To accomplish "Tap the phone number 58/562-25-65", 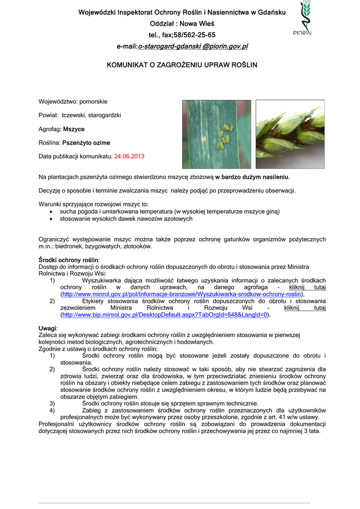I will pos(194,35).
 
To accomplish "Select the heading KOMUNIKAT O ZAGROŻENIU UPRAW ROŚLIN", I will pos(182,65).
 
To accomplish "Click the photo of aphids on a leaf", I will pos(216,134).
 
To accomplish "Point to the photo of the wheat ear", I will pos(289,134).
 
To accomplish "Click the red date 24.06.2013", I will pos(129,157).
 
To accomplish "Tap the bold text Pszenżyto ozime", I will pos(86,143).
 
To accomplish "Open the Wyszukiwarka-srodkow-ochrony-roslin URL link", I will pos(181,294).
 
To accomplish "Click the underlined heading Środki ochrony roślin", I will pos(69,260).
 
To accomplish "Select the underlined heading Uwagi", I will pos(48,329).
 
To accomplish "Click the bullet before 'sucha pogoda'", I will pos(52,212).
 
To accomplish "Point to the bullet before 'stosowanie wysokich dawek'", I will pos(52,219).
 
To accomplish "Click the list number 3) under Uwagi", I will pos(52,404).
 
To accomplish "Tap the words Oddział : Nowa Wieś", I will pos(182,24).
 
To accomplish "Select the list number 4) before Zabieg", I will pos(52,411).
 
